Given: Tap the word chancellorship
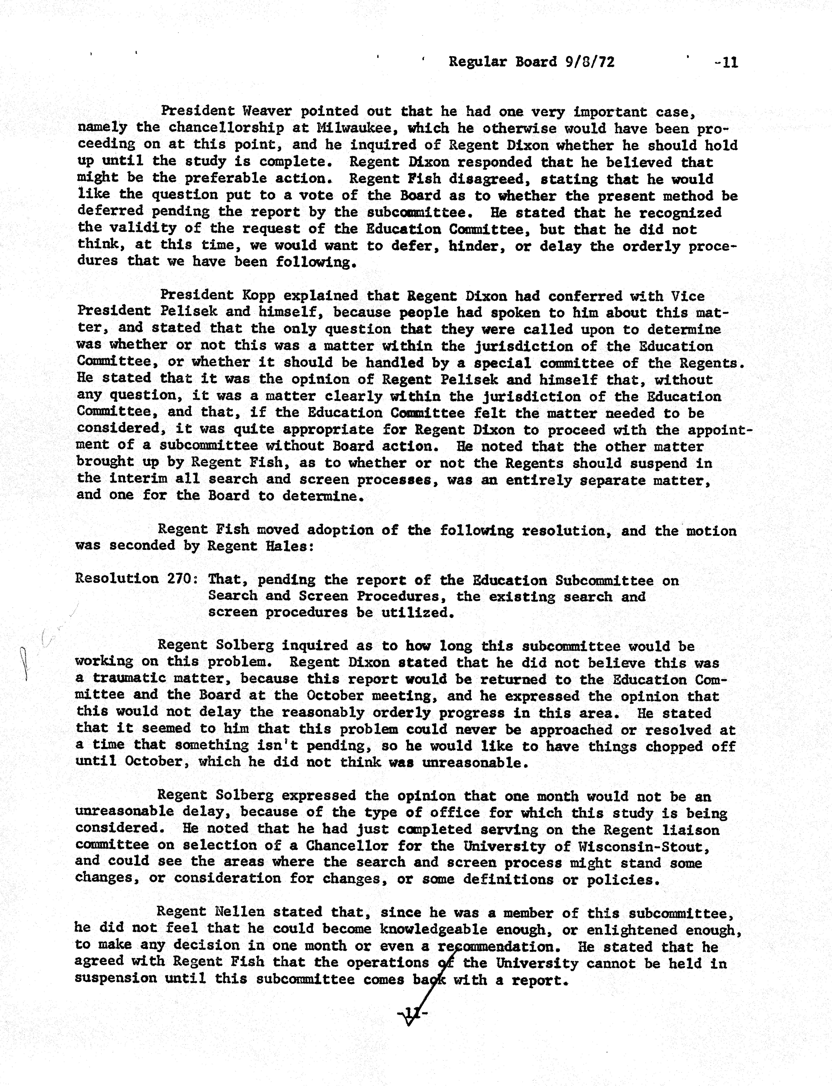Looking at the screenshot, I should [x=226, y=128].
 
